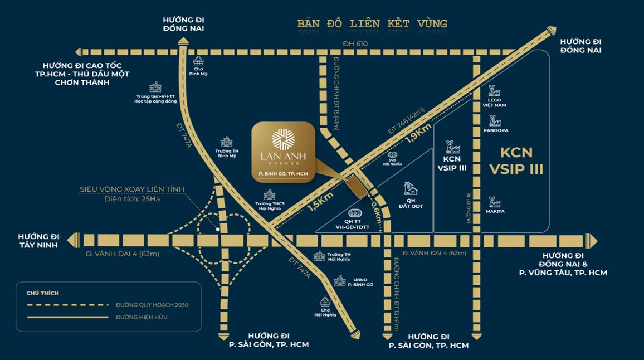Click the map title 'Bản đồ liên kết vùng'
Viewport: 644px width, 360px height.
tap(372, 24)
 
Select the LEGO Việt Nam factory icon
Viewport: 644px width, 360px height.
tap(494, 91)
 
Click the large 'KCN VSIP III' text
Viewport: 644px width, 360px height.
tap(516, 160)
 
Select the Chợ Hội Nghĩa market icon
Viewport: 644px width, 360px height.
tap(326, 303)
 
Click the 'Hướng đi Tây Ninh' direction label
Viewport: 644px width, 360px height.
tap(38, 240)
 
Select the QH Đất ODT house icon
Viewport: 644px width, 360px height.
tap(411, 188)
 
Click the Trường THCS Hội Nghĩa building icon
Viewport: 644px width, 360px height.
tap(270, 195)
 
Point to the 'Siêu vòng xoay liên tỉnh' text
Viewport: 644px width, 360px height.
tap(131, 189)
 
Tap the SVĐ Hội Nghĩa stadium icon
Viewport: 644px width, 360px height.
tap(392, 154)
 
